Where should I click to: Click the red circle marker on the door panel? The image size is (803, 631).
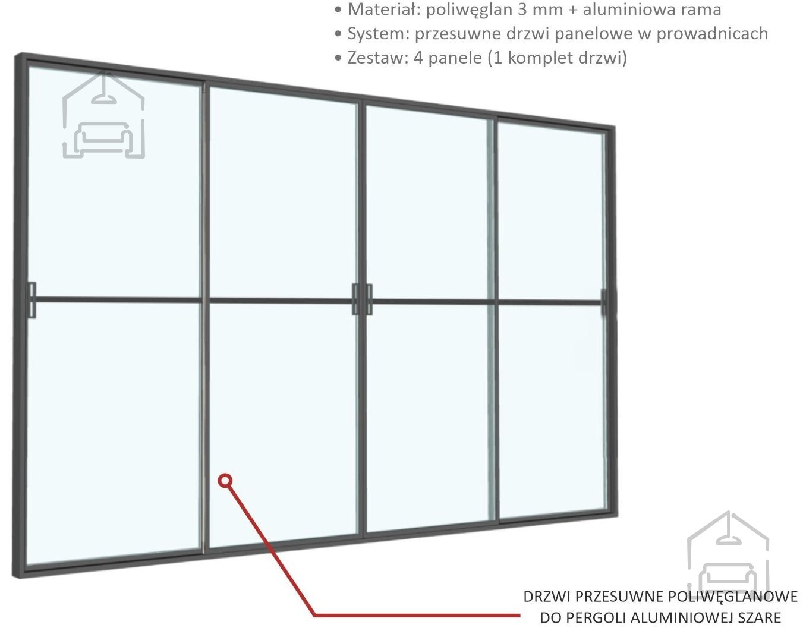tap(224, 480)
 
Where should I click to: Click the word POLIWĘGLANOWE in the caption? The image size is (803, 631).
tap(730, 597)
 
